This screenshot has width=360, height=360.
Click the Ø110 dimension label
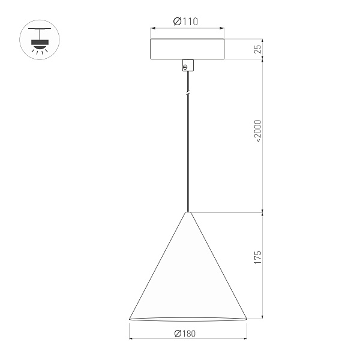[186, 22]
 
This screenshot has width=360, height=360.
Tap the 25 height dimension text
[259, 49]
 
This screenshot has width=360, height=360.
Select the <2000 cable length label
[259, 131]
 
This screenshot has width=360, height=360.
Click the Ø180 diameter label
[186, 334]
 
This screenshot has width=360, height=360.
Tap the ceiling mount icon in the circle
[40, 40]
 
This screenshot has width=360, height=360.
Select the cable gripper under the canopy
[187, 65]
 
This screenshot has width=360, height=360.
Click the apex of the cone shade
[188, 213]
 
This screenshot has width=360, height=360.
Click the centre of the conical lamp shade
[188, 276]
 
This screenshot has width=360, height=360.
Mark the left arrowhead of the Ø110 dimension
[152, 28]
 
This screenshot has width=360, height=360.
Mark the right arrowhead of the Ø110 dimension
[223, 28]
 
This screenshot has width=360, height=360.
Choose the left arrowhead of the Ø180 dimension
[131, 339]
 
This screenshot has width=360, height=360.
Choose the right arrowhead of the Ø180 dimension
[245, 339]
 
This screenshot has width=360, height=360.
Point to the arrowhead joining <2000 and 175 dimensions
[263, 212]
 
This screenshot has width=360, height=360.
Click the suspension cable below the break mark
[188, 156]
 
